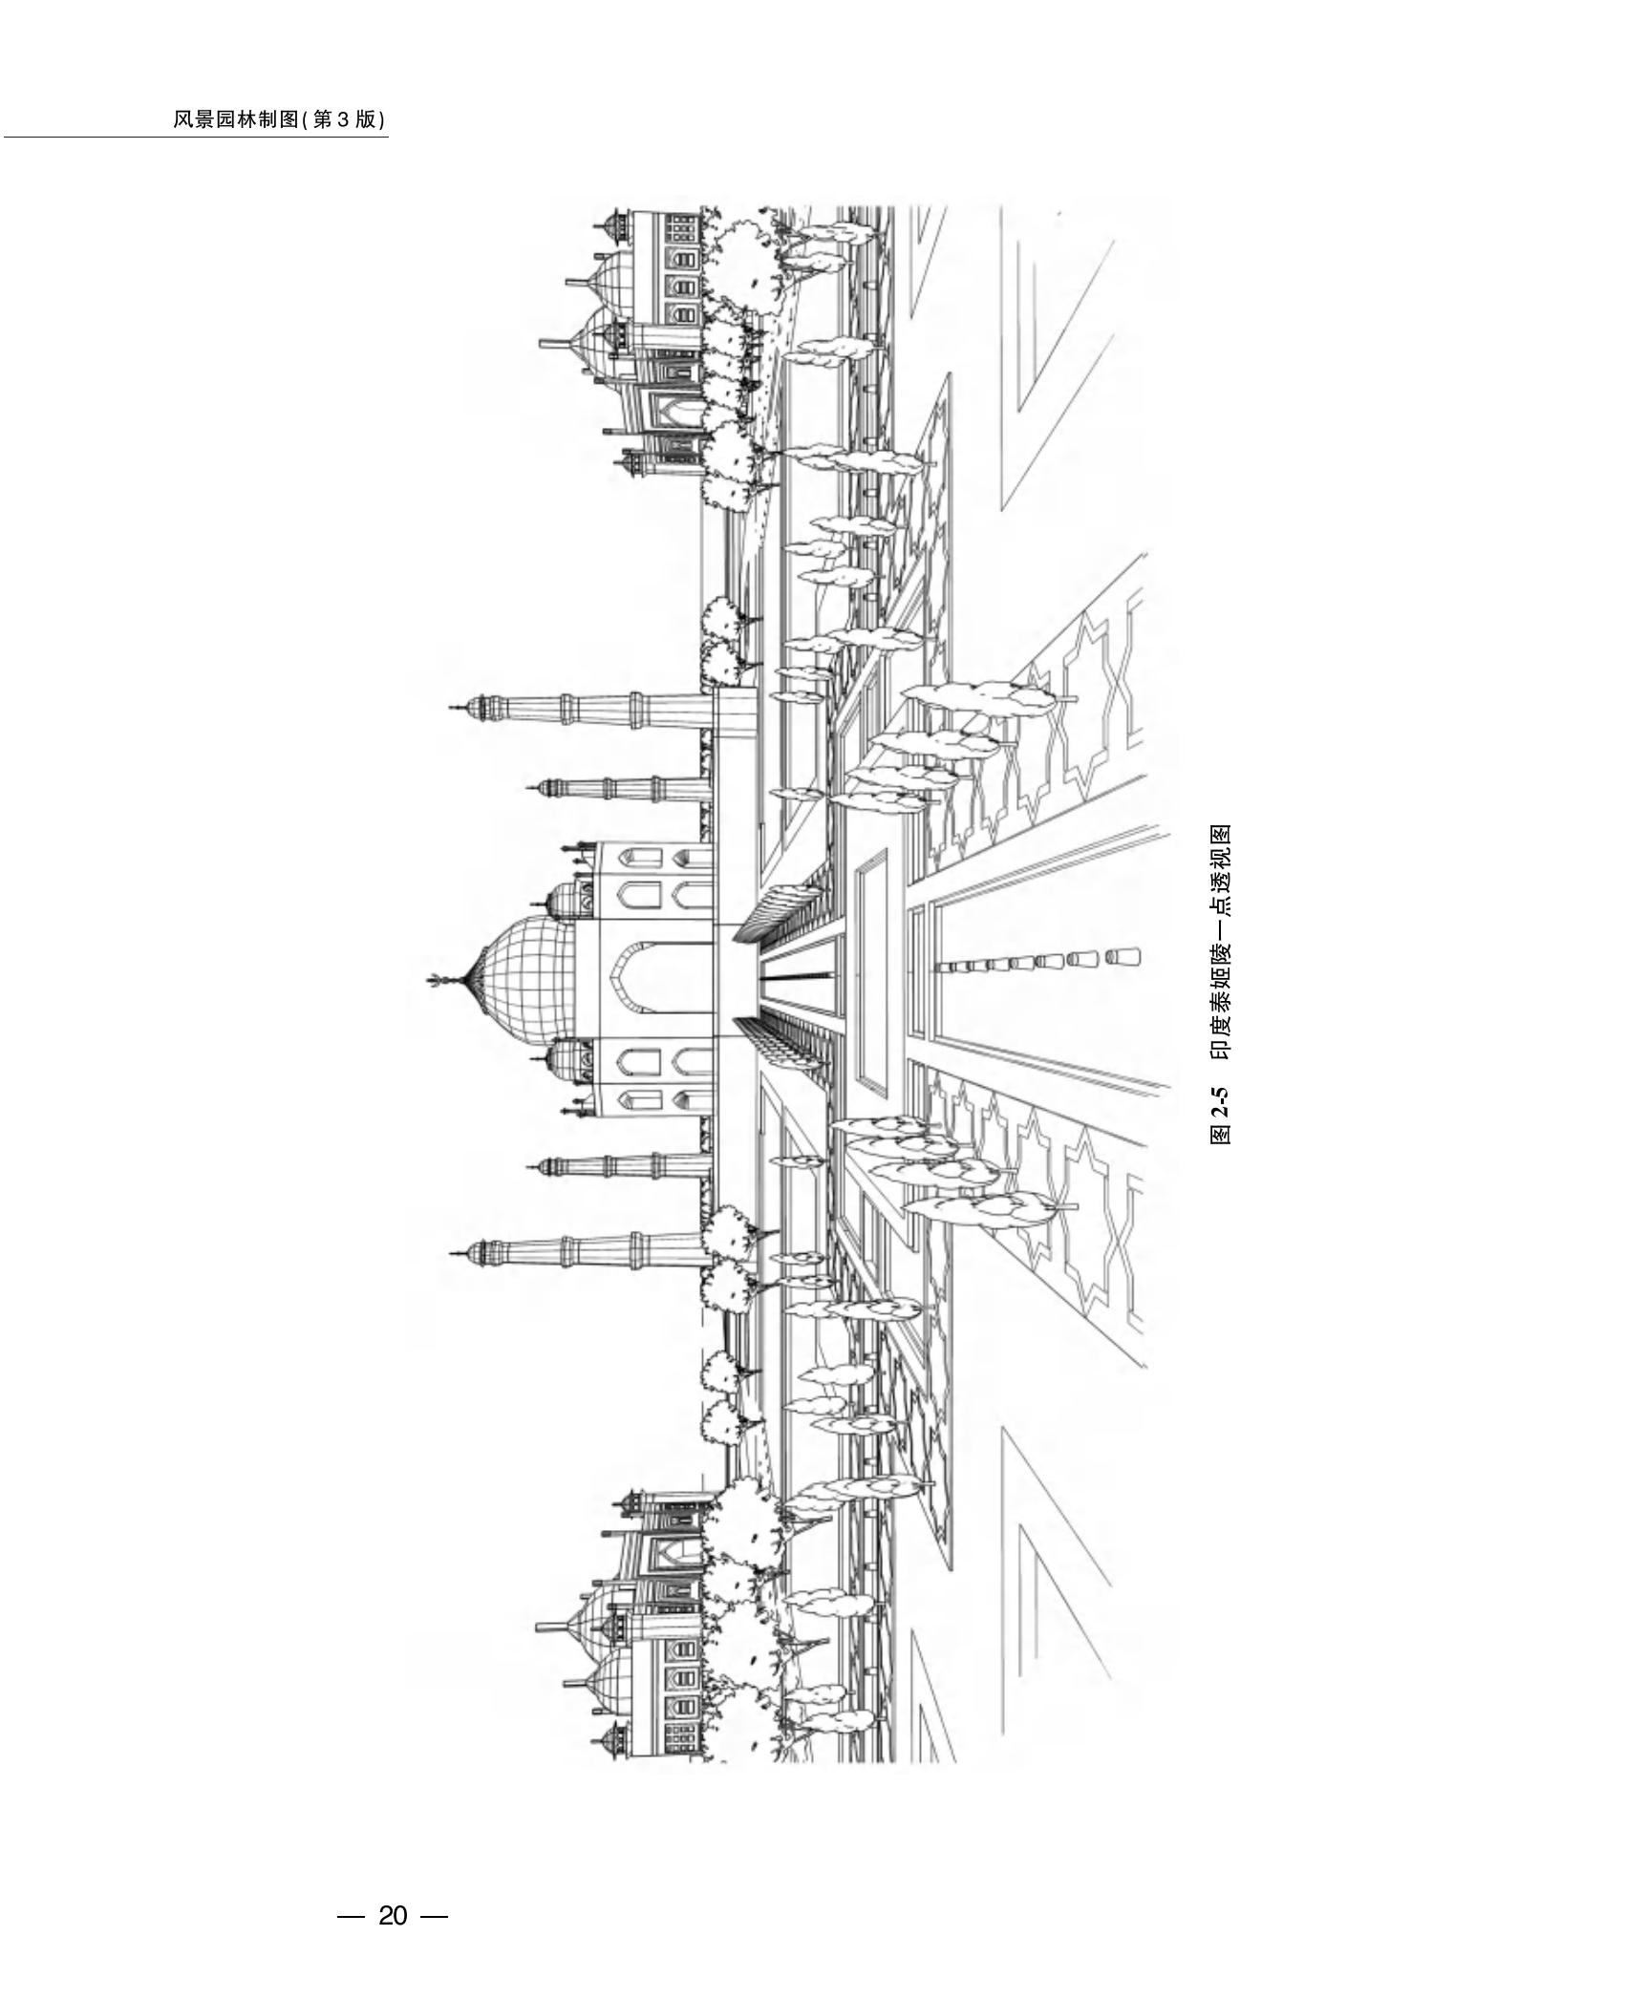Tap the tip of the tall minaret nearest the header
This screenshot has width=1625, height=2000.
pyautogui.click(x=452, y=708)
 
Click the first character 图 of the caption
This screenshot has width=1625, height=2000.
pyautogui.click(x=1220, y=1135)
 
